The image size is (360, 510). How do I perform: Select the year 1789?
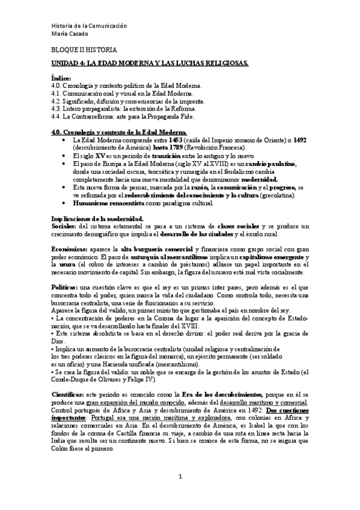[x=185, y=146]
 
